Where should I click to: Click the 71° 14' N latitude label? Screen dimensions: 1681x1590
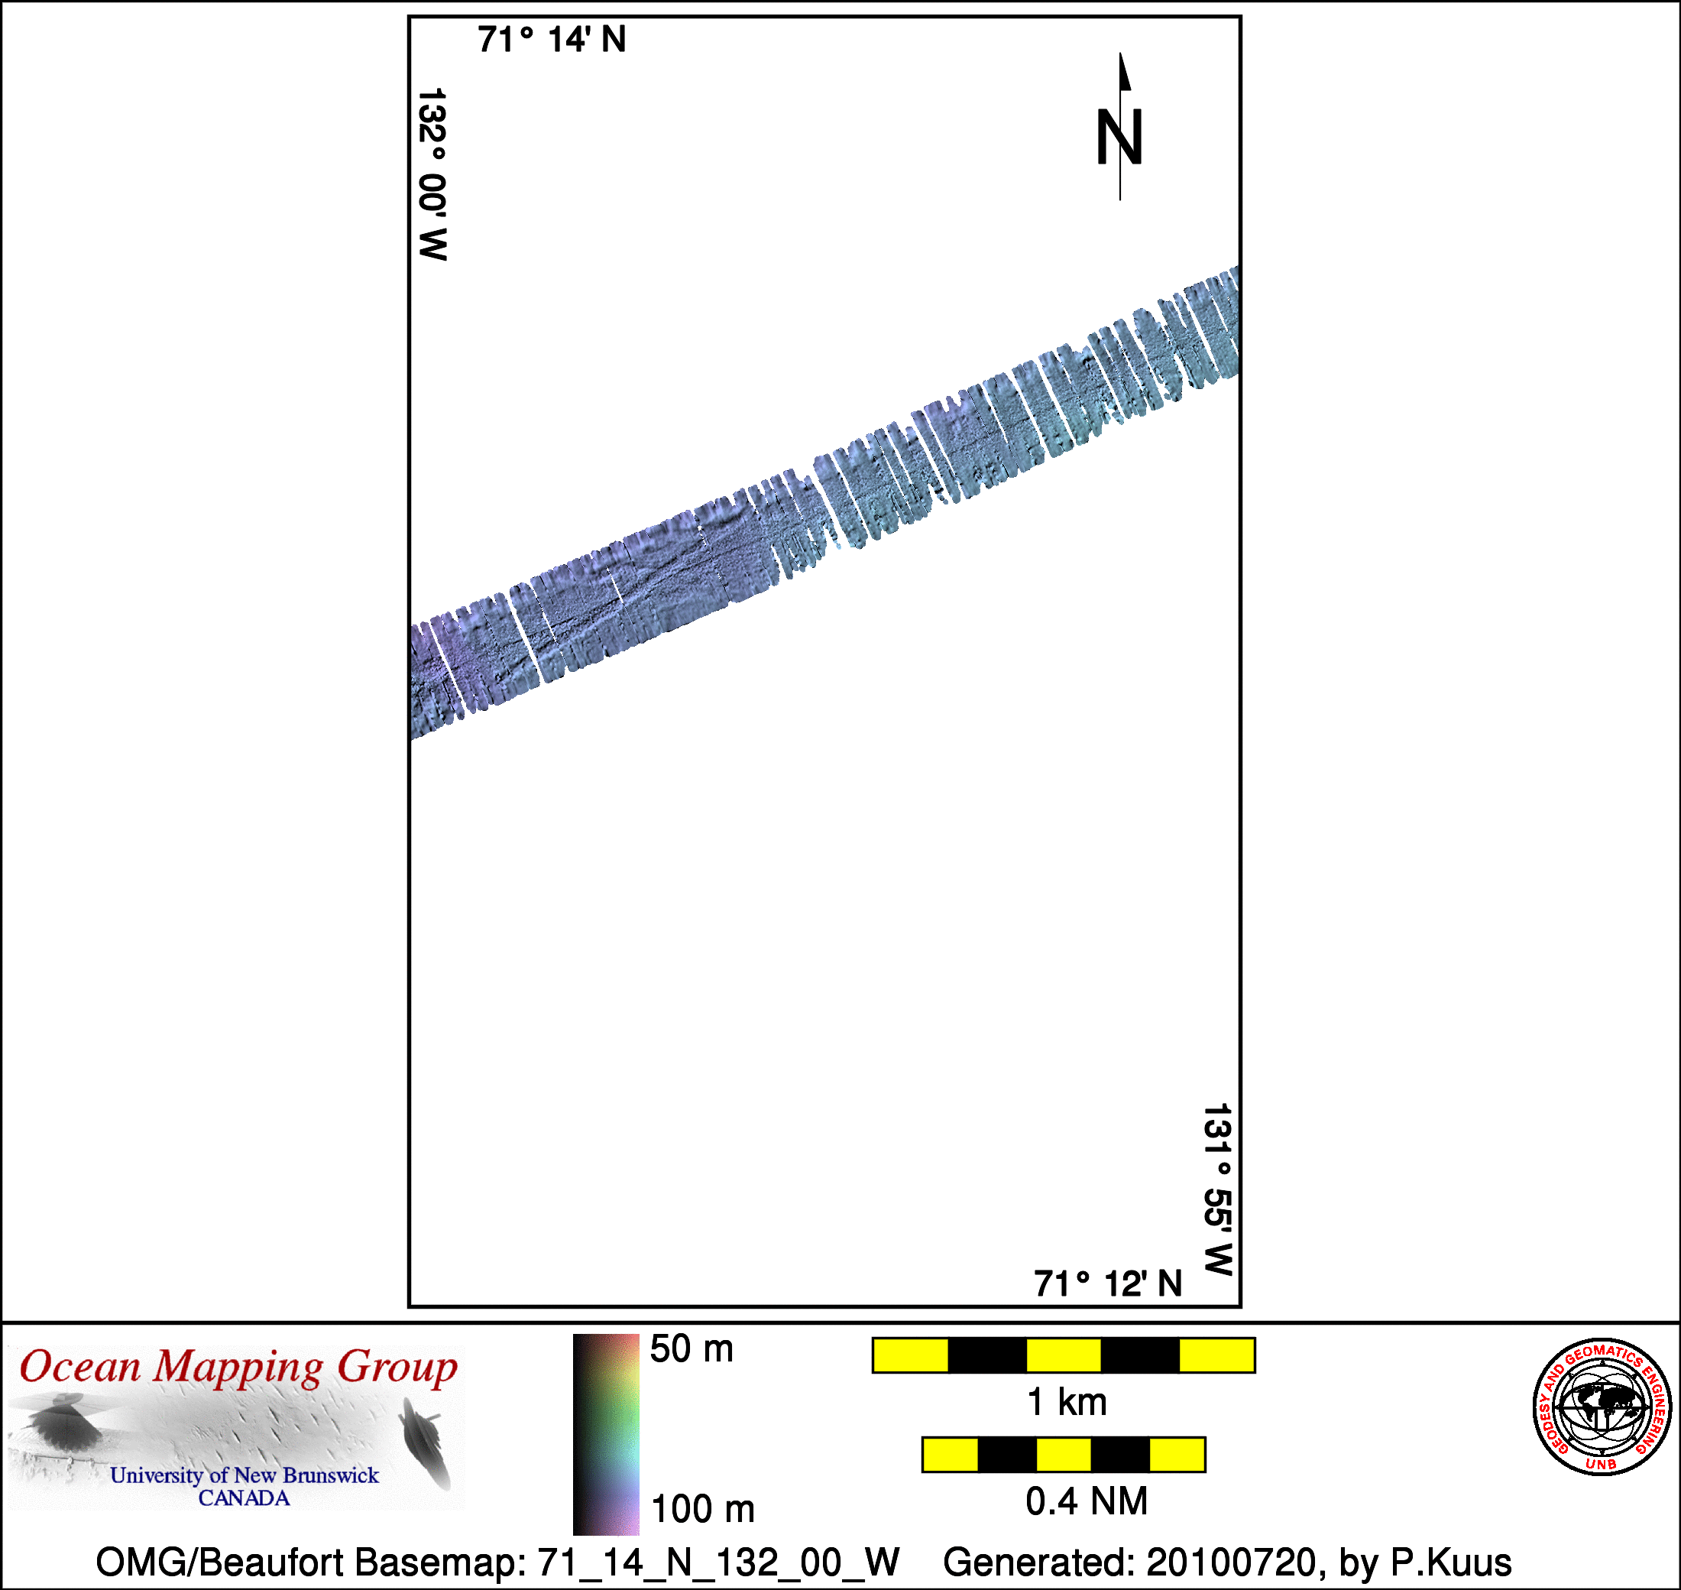552,40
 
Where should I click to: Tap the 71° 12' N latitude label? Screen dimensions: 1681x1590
1107,1284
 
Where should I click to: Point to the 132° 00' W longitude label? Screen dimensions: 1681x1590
432,174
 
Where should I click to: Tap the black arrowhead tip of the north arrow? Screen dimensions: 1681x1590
1120,54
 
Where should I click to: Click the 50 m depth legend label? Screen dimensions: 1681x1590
692,1348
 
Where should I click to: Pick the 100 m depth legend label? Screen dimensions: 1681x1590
702,1509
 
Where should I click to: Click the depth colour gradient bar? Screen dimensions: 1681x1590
606,1434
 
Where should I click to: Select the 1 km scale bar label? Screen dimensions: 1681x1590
1067,1402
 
